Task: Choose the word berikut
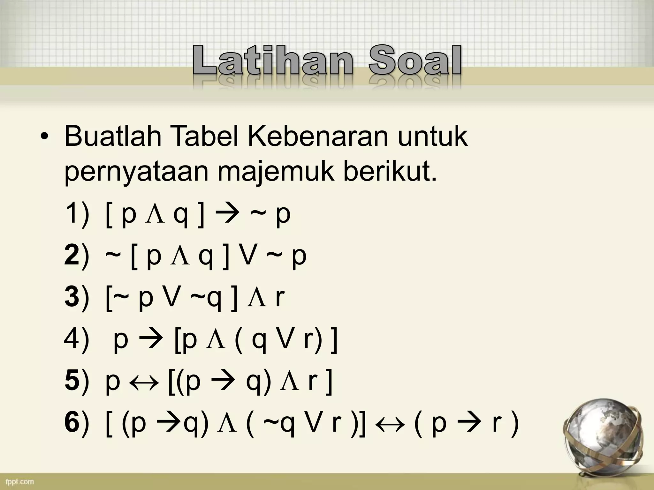click(x=390, y=172)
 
